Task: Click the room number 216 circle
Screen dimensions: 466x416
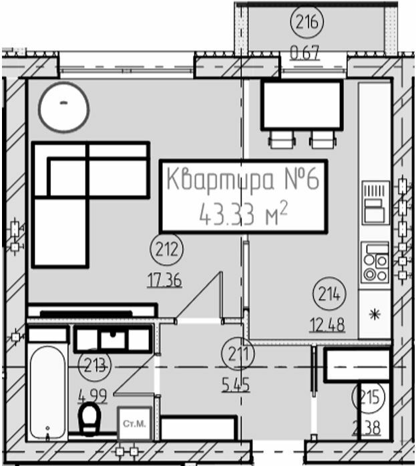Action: (306, 23)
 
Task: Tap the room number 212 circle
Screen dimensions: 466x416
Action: (167, 250)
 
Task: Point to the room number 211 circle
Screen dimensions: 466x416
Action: (236, 353)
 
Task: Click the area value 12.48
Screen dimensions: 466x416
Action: (327, 326)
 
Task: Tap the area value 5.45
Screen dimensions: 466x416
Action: (236, 384)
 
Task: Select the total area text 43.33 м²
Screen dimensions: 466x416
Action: (244, 213)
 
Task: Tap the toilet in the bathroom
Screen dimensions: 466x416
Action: (89, 419)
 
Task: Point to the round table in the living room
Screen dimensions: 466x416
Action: (63, 106)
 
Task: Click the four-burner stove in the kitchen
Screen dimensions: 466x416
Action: (375, 262)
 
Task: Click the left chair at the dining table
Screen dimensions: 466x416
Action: (281, 140)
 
